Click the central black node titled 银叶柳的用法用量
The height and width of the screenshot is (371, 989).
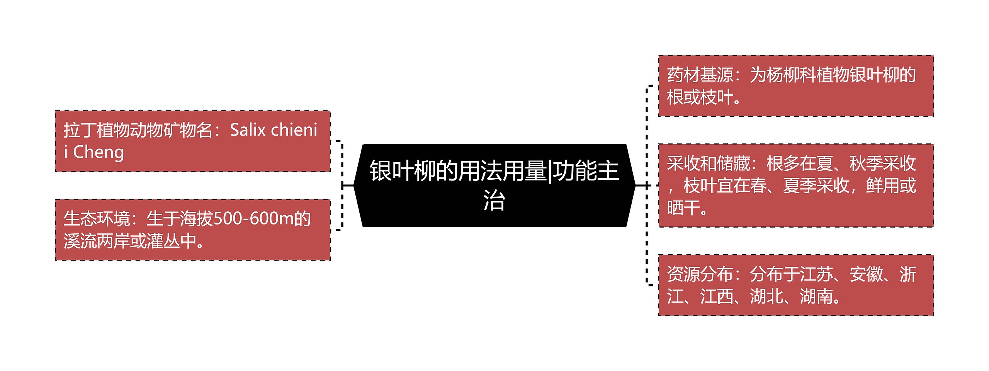coord(494,185)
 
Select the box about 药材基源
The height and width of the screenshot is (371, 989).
coord(796,86)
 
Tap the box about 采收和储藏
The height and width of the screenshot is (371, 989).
coord(796,185)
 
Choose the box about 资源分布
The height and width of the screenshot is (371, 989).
coord(796,285)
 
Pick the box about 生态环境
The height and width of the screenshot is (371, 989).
coord(192,230)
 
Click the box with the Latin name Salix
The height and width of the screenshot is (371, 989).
coord(192,141)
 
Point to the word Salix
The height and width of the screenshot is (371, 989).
coord(247,130)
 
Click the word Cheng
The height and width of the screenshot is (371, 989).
coord(99,152)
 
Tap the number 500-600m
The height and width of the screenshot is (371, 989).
coord(253,219)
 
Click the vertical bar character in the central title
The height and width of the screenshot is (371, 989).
coord(549,171)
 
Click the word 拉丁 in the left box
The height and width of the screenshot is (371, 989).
coord(80,130)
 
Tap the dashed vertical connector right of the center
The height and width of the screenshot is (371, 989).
coord(647,185)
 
